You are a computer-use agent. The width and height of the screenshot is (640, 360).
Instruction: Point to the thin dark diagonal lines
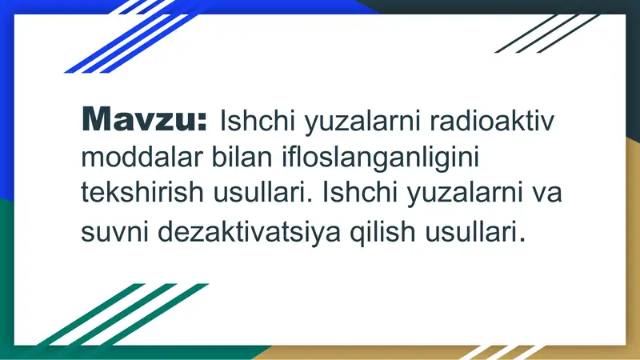pyautogui.click(x=544, y=32)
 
